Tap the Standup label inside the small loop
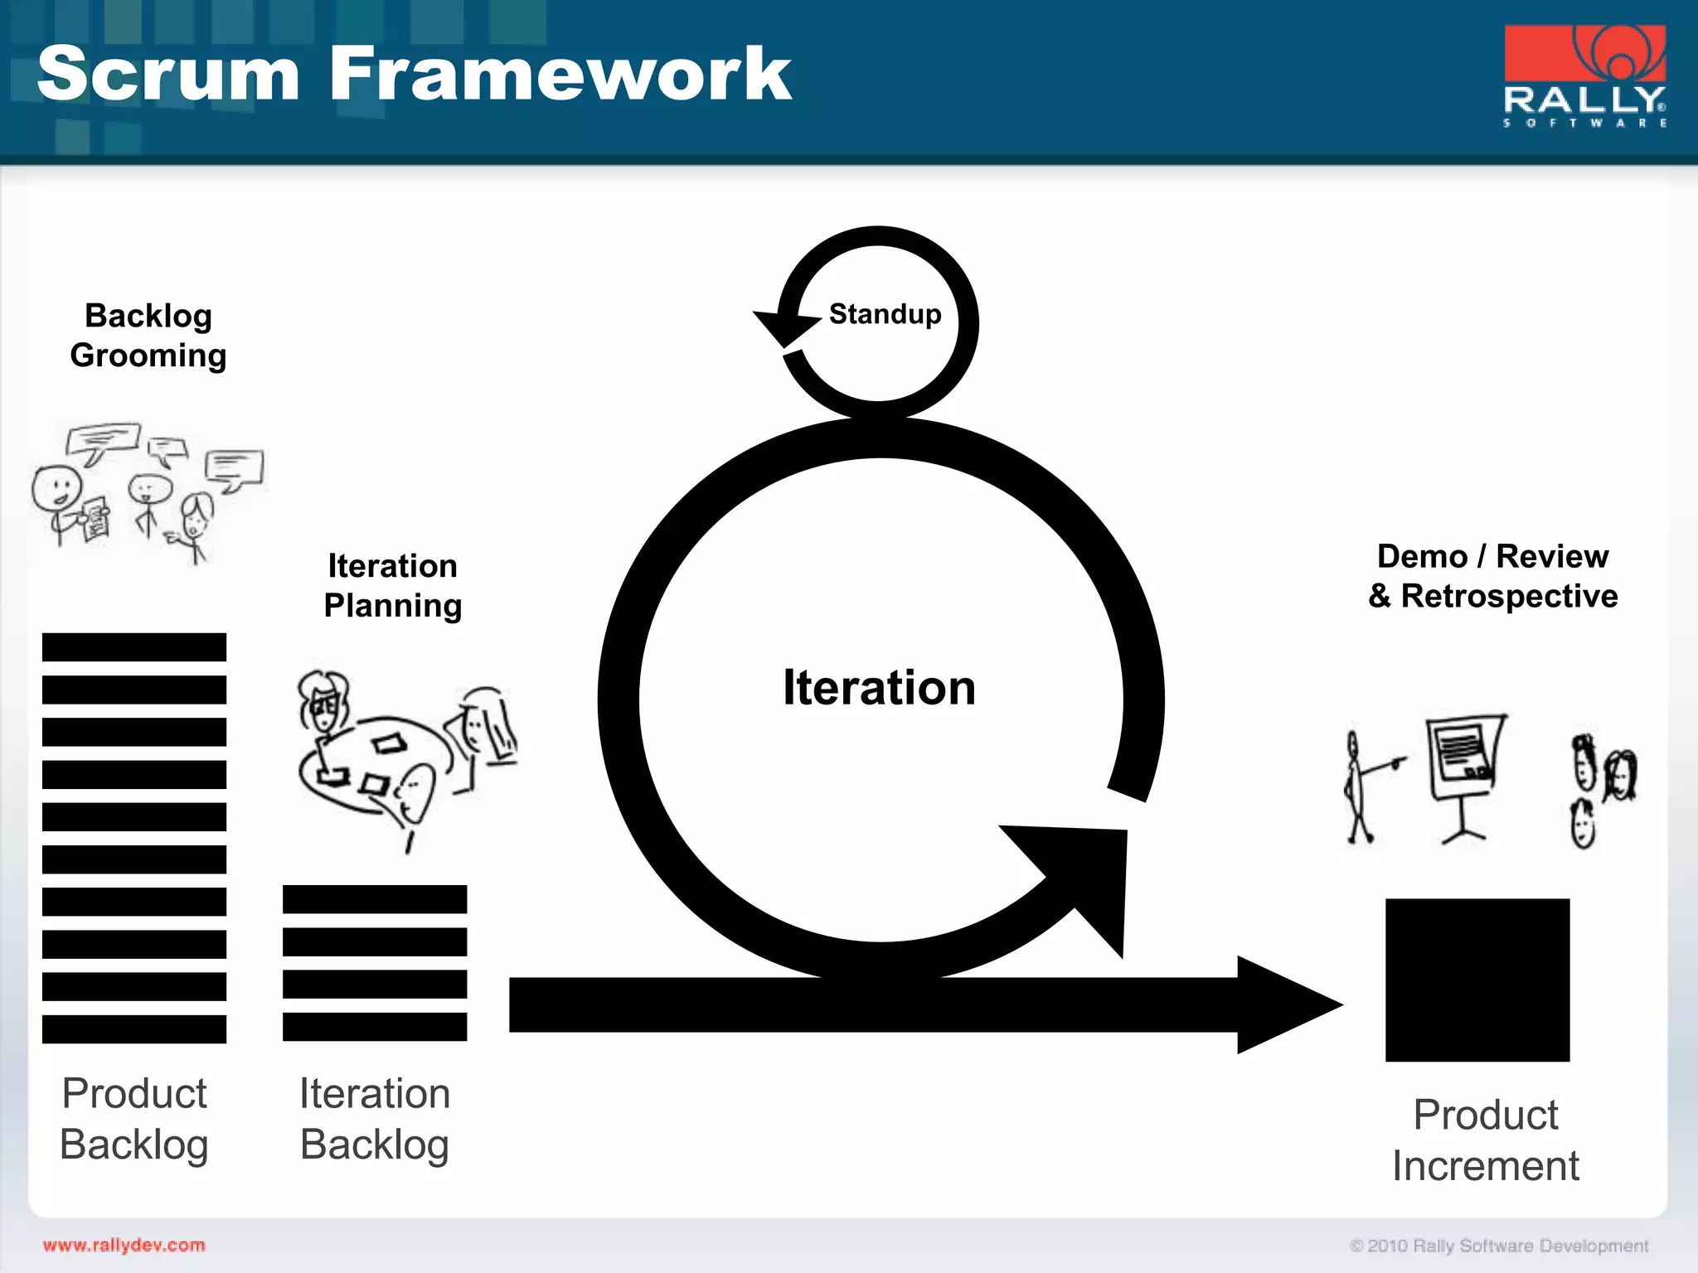click(x=885, y=314)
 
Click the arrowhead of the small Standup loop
click(x=784, y=327)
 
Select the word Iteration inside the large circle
click(x=879, y=688)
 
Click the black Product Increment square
click(x=1477, y=980)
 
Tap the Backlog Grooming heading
click(x=148, y=336)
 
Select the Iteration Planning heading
click(x=392, y=586)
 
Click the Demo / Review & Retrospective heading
click(x=1492, y=576)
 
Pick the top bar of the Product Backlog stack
click(x=134, y=647)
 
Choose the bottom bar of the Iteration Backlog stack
click(x=375, y=1026)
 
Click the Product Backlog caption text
click(x=134, y=1119)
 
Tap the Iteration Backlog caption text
click(x=375, y=1119)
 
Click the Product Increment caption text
click(x=1485, y=1140)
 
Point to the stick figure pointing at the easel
click(x=1358, y=787)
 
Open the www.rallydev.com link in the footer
click(x=124, y=1245)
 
